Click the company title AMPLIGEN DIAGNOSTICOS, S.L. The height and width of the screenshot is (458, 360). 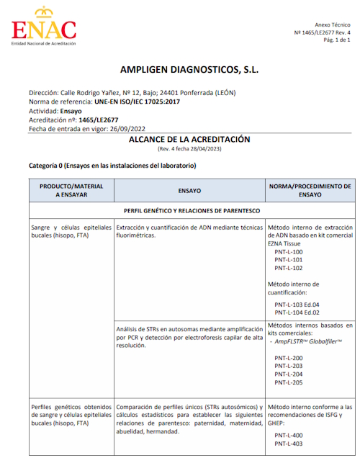tap(189, 71)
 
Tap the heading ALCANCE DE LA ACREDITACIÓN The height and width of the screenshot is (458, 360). tap(189, 139)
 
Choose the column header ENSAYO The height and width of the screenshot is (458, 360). tap(189, 191)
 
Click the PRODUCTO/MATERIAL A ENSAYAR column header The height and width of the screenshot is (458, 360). tap(71, 191)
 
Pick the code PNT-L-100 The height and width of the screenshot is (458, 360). tap(288, 252)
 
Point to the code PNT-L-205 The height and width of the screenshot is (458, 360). tap(288, 382)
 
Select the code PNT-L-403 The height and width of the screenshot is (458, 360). tap(288, 444)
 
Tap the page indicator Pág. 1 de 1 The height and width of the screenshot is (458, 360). tap(337, 40)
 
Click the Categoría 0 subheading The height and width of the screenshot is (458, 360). tap(112, 166)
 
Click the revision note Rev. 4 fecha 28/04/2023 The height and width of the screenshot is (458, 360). tap(189, 148)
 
